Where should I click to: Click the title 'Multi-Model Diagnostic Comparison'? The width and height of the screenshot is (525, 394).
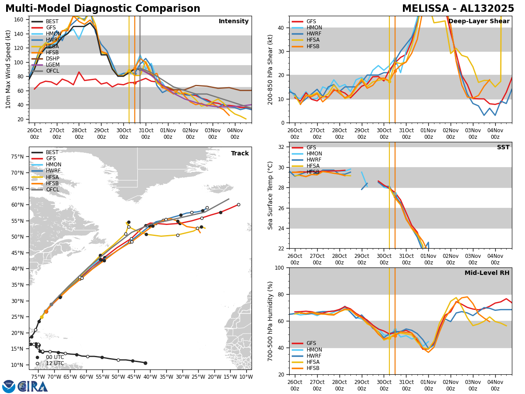(x=103, y=9)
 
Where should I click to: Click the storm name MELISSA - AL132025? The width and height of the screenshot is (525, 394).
(x=458, y=9)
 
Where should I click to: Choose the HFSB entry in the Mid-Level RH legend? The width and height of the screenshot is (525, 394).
(x=313, y=368)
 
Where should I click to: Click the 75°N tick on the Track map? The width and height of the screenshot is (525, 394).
(x=20, y=157)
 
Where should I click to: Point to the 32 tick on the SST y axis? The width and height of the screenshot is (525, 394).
(x=282, y=147)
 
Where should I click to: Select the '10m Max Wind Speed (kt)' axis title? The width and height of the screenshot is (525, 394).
(x=8, y=69)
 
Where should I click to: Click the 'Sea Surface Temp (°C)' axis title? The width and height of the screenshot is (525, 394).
(x=270, y=195)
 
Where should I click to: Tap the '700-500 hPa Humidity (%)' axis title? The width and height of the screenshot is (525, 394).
(x=270, y=321)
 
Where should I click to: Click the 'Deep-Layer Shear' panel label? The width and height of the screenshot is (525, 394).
(x=479, y=21)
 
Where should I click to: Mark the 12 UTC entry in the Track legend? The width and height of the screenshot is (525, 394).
(x=55, y=363)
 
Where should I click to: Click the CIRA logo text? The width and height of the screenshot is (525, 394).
(x=33, y=387)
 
